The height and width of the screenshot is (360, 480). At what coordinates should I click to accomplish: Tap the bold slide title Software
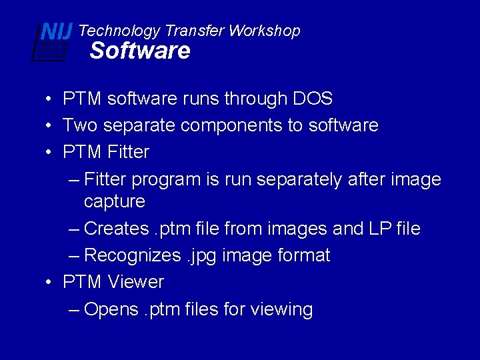(140, 51)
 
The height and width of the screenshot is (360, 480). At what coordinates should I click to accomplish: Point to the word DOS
(313, 99)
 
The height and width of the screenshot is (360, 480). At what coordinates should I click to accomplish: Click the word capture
(115, 201)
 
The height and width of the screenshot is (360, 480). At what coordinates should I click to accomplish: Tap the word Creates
(117, 229)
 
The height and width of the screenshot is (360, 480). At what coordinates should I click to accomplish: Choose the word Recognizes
(132, 255)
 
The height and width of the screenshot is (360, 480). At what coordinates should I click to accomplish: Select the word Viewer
(135, 282)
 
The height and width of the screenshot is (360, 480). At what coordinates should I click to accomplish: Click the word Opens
(110, 309)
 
